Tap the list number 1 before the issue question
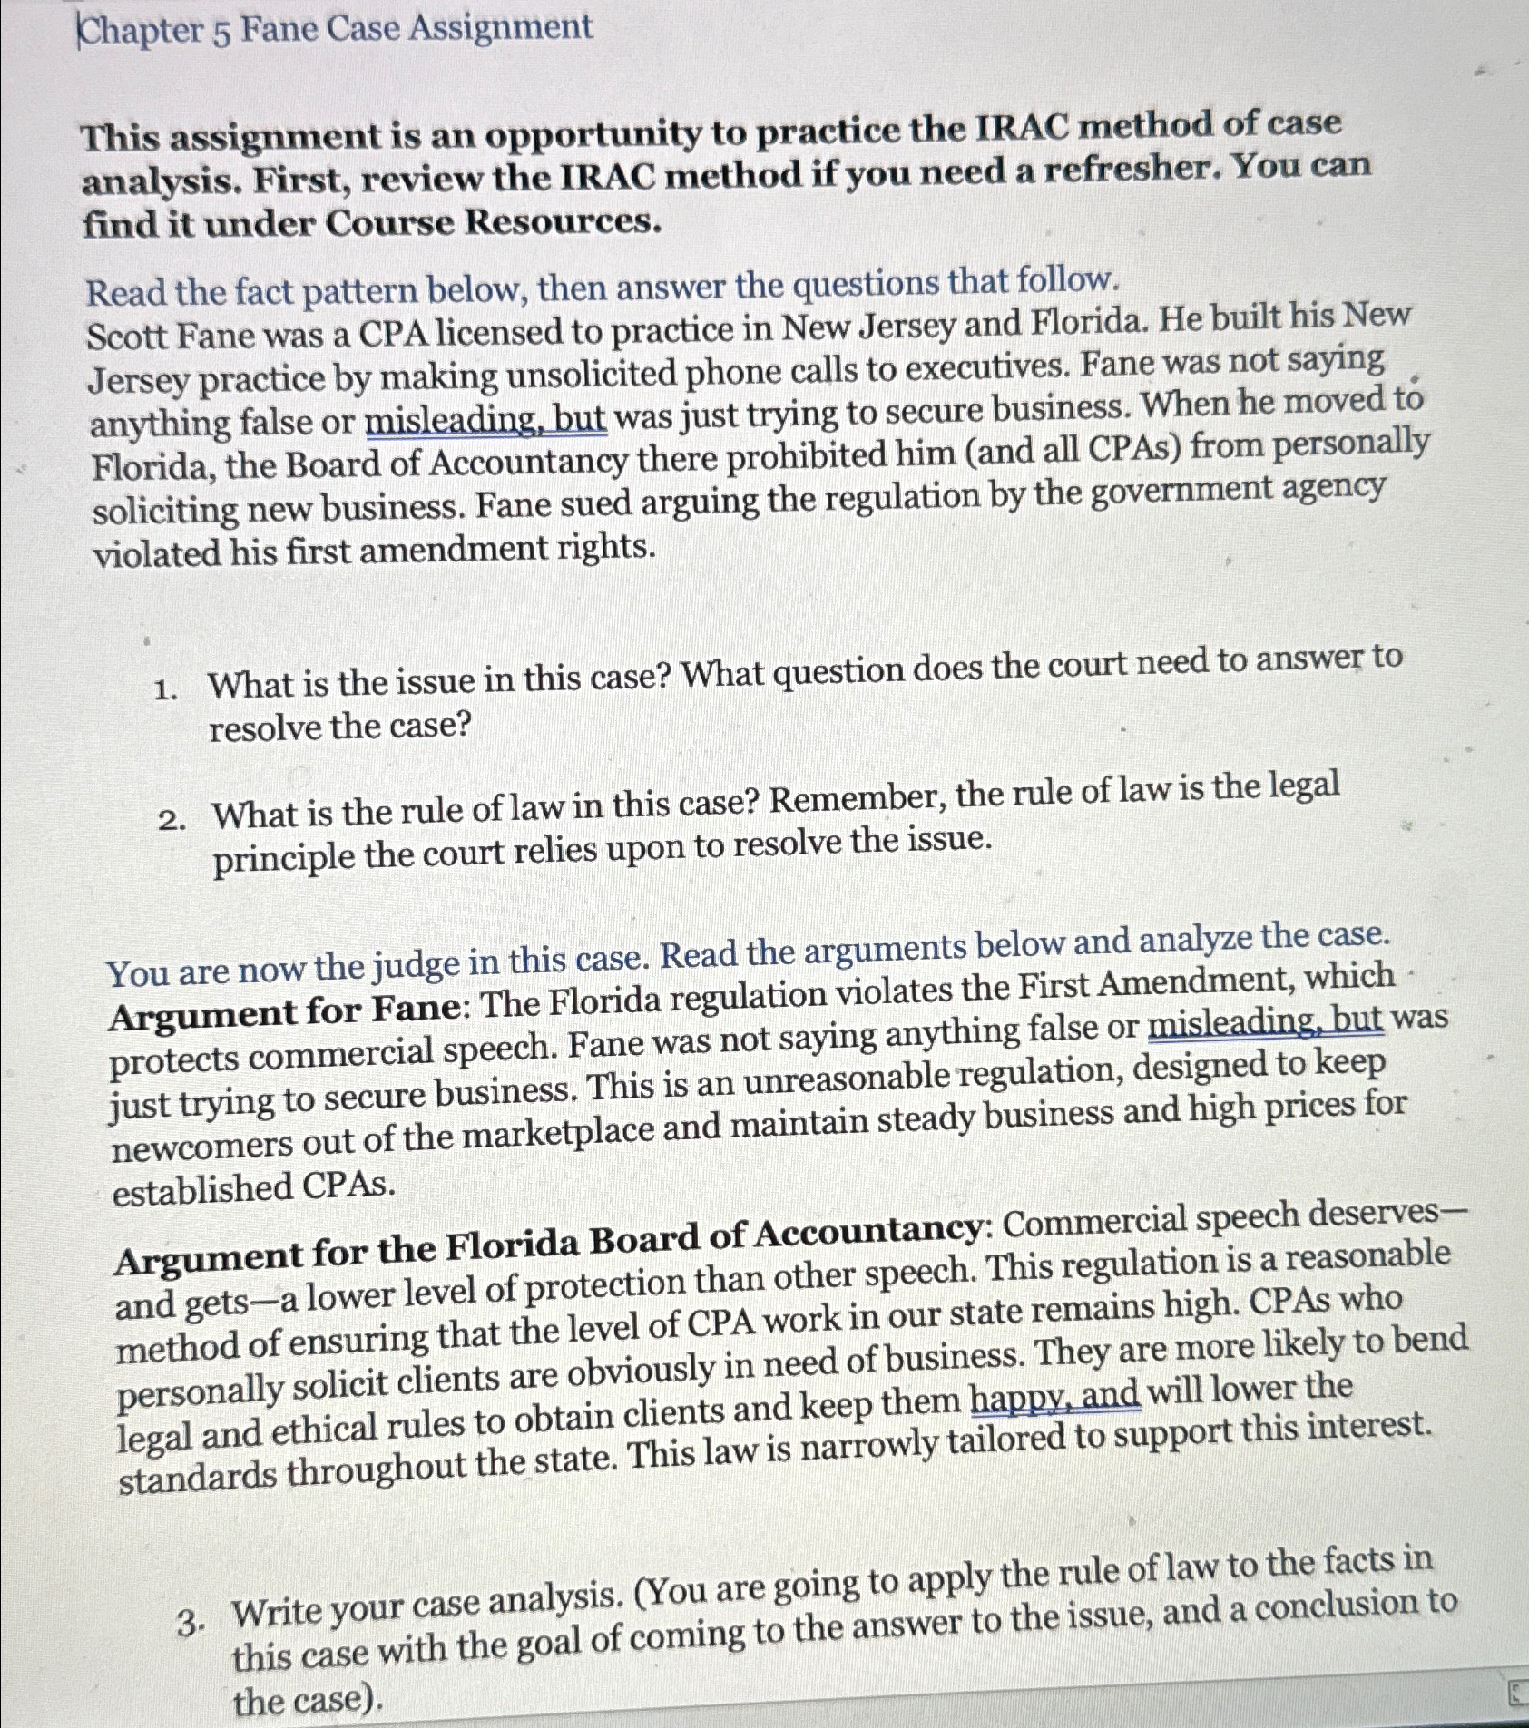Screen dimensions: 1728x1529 (164, 690)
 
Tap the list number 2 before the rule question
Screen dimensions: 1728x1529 (170, 821)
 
